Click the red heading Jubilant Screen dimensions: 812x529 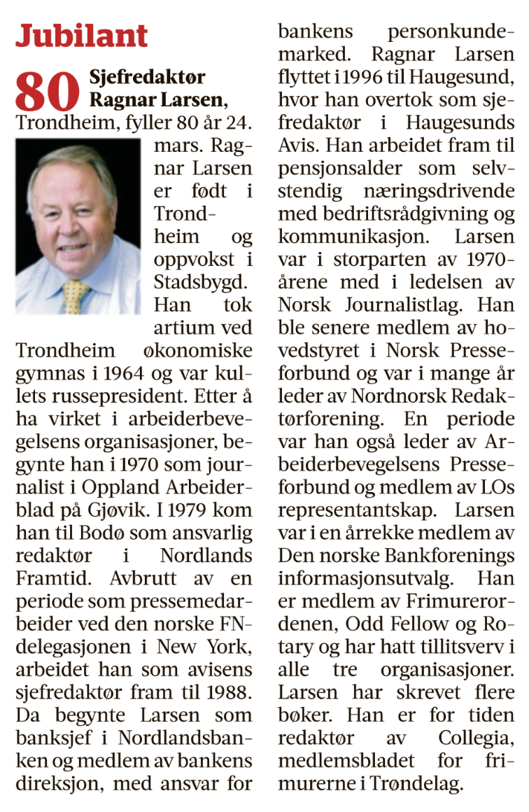tap(82, 35)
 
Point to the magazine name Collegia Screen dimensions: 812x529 tap(476, 738)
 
